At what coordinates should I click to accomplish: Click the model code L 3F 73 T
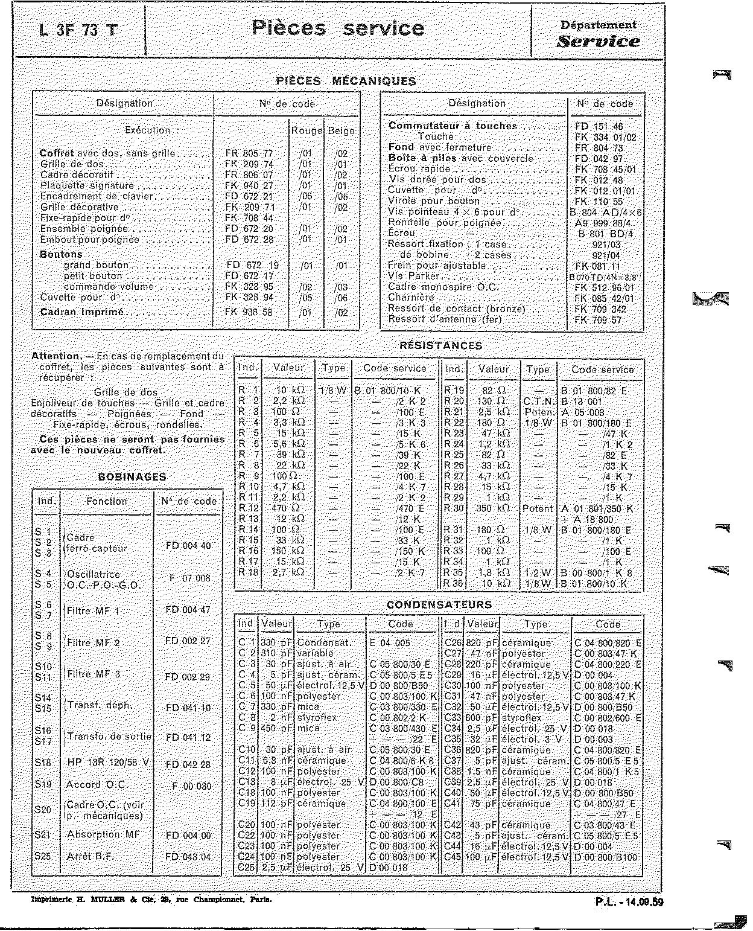coord(78,30)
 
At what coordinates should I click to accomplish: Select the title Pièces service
coord(337,28)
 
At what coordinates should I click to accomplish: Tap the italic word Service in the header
coord(598,42)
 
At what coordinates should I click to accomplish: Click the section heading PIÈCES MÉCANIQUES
coord(346,81)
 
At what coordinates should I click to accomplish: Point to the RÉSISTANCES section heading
coord(440,346)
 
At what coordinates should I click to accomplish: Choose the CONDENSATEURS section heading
coord(439,604)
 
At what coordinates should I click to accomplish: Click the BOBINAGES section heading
coord(132,477)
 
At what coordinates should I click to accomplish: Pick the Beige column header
coord(342,130)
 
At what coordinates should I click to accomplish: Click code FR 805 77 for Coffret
coord(249,153)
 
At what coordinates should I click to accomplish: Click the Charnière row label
coord(411,298)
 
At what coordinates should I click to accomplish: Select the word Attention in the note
coord(56,356)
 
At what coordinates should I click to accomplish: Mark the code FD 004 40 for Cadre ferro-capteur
coord(188,546)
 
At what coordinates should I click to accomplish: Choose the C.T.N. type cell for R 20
coord(538,402)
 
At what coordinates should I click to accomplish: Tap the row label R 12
coord(249,508)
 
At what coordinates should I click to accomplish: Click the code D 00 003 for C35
coord(593,740)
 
